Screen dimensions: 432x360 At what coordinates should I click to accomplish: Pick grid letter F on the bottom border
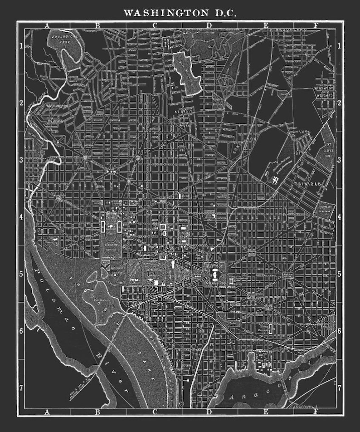[x=316, y=412]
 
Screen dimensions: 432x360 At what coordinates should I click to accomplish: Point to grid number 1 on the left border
[x=21, y=46]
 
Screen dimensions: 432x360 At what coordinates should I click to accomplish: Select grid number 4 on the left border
[x=21, y=217]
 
